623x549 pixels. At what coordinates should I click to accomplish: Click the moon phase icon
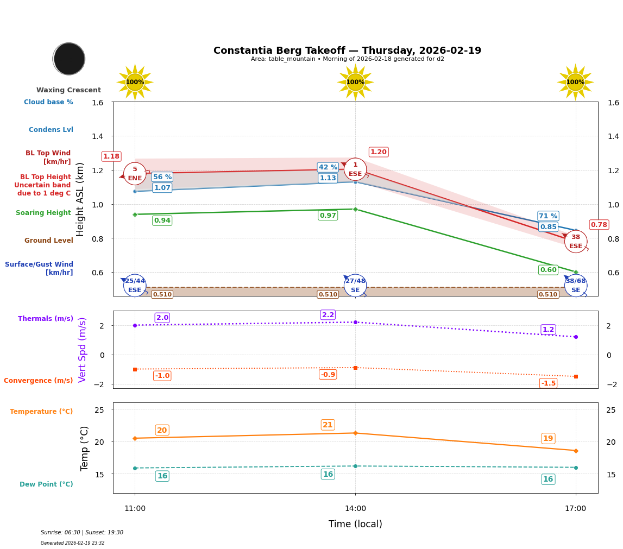point(69,59)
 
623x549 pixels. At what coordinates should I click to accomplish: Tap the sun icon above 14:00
point(355,82)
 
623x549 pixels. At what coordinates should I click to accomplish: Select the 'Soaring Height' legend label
point(43,213)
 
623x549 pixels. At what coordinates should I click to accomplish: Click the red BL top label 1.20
point(379,152)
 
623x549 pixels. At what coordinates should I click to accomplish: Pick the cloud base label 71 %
point(548,216)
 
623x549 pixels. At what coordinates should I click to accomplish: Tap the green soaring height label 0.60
point(548,270)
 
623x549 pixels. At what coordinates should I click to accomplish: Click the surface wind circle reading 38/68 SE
point(576,285)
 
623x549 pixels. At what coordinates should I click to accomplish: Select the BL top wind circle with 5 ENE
point(135,174)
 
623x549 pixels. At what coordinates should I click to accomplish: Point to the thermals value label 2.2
point(328,315)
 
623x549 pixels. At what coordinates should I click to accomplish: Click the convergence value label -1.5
point(548,383)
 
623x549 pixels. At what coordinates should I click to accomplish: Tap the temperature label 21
point(328,425)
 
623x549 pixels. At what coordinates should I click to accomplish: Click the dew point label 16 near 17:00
point(548,479)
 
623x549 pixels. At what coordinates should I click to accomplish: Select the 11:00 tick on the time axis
point(135,509)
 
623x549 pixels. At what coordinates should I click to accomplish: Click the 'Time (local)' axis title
point(355,524)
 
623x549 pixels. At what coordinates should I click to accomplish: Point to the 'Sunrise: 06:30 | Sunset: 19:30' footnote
point(82,533)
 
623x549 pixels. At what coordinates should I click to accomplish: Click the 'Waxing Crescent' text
point(68,90)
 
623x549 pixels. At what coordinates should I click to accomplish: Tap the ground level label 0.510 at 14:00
point(328,294)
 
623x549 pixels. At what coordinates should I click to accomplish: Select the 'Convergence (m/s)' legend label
point(39,381)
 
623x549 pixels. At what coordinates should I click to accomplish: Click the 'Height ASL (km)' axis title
point(80,199)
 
